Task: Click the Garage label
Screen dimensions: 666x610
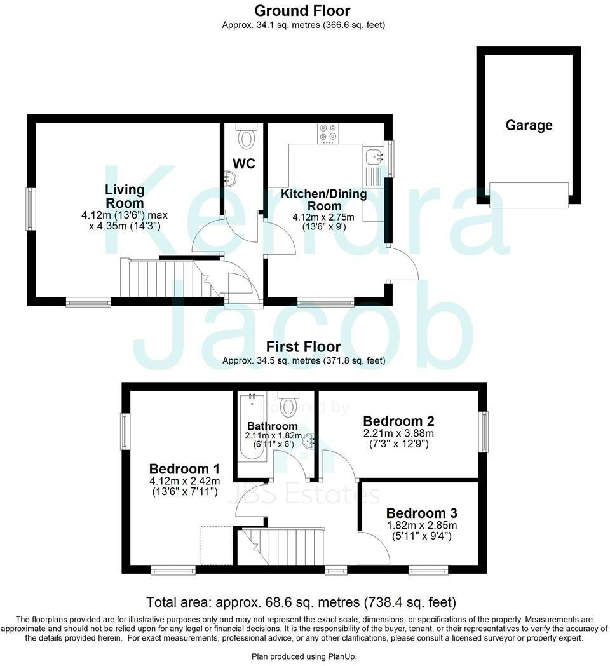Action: click(529, 125)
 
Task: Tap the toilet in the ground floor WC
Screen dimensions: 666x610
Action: click(245, 136)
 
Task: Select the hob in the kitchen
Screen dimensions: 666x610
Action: click(329, 132)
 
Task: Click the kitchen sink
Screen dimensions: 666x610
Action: click(373, 154)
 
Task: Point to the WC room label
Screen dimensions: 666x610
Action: click(243, 164)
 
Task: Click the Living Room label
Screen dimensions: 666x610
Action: click(124, 196)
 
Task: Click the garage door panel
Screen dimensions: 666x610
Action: click(529, 194)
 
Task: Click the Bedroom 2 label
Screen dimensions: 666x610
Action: click(398, 421)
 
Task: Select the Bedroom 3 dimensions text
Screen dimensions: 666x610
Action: click(422, 531)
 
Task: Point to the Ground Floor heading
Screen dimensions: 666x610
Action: click(302, 10)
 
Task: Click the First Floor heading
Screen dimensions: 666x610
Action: click(303, 347)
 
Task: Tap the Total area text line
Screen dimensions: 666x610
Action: click(301, 602)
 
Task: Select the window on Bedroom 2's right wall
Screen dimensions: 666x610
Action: click(485, 432)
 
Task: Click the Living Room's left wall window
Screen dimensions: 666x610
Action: click(29, 208)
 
